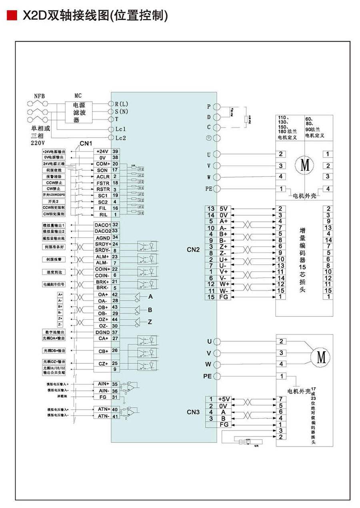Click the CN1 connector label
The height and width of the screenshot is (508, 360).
coord(85,143)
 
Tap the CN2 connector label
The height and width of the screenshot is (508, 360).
coord(193,250)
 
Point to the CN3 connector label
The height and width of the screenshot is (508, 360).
coord(193,412)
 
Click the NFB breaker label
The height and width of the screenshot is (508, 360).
coord(40,96)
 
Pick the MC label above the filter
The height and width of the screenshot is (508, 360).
coord(78,96)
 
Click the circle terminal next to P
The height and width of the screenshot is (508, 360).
coord(217,107)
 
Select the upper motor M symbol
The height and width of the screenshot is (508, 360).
coord(305,165)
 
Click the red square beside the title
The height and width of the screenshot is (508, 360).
coord(12,16)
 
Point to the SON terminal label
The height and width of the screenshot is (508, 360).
coord(102,170)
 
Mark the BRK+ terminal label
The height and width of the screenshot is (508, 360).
coord(102,282)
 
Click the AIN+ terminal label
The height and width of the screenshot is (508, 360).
coord(102,384)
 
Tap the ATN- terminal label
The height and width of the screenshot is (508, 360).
coord(102,416)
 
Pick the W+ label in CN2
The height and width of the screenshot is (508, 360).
coord(224,284)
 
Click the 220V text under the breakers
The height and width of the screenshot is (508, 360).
coord(38,142)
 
